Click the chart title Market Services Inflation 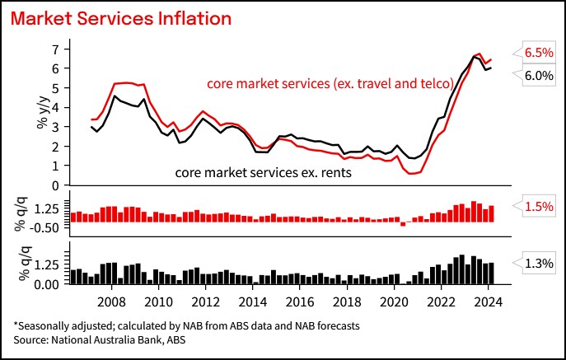[121, 18]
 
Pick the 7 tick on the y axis [55, 49]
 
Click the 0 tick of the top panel [55, 185]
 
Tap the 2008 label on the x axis [111, 302]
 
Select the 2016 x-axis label [300, 302]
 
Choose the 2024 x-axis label [488, 302]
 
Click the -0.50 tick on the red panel [44, 228]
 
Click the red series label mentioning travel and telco [330, 84]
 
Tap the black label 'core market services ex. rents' [263, 173]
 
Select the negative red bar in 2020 [403, 224]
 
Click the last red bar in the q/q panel [491, 213]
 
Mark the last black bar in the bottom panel [491, 274]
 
